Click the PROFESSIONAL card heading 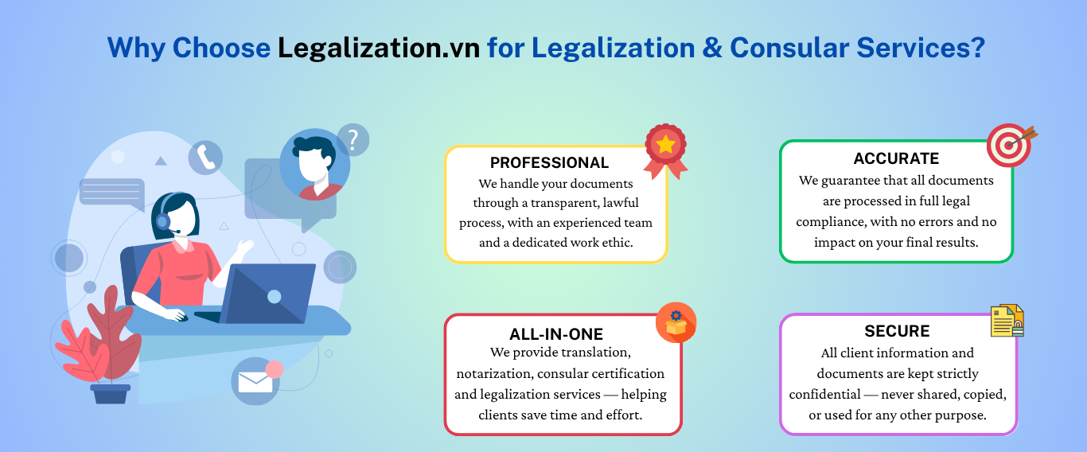pyautogui.click(x=549, y=162)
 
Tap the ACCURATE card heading pyautogui.click(x=896, y=159)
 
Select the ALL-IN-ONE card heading pyautogui.click(x=556, y=334)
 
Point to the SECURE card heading pyautogui.click(x=897, y=331)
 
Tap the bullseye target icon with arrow pyautogui.click(x=1011, y=145)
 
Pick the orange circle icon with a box pyautogui.click(x=676, y=323)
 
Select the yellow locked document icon pyautogui.click(x=1007, y=321)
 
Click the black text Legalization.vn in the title pyautogui.click(x=379, y=48)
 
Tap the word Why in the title pyautogui.click(x=136, y=49)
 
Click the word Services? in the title pyautogui.click(x=921, y=48)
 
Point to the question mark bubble pyautogui.click(x=353, y=140)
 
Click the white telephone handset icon pyautogui.click(x=205, y=158)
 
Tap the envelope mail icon pyautogui.click(x=255, y=381)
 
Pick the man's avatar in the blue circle pyautogui.click(x=315, y=165)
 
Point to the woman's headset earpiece pyautogui.click(x=163, y=222)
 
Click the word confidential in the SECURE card pyautogui.click(x=824, y=394)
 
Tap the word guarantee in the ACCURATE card pyautogui.click(x=851, y=181)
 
